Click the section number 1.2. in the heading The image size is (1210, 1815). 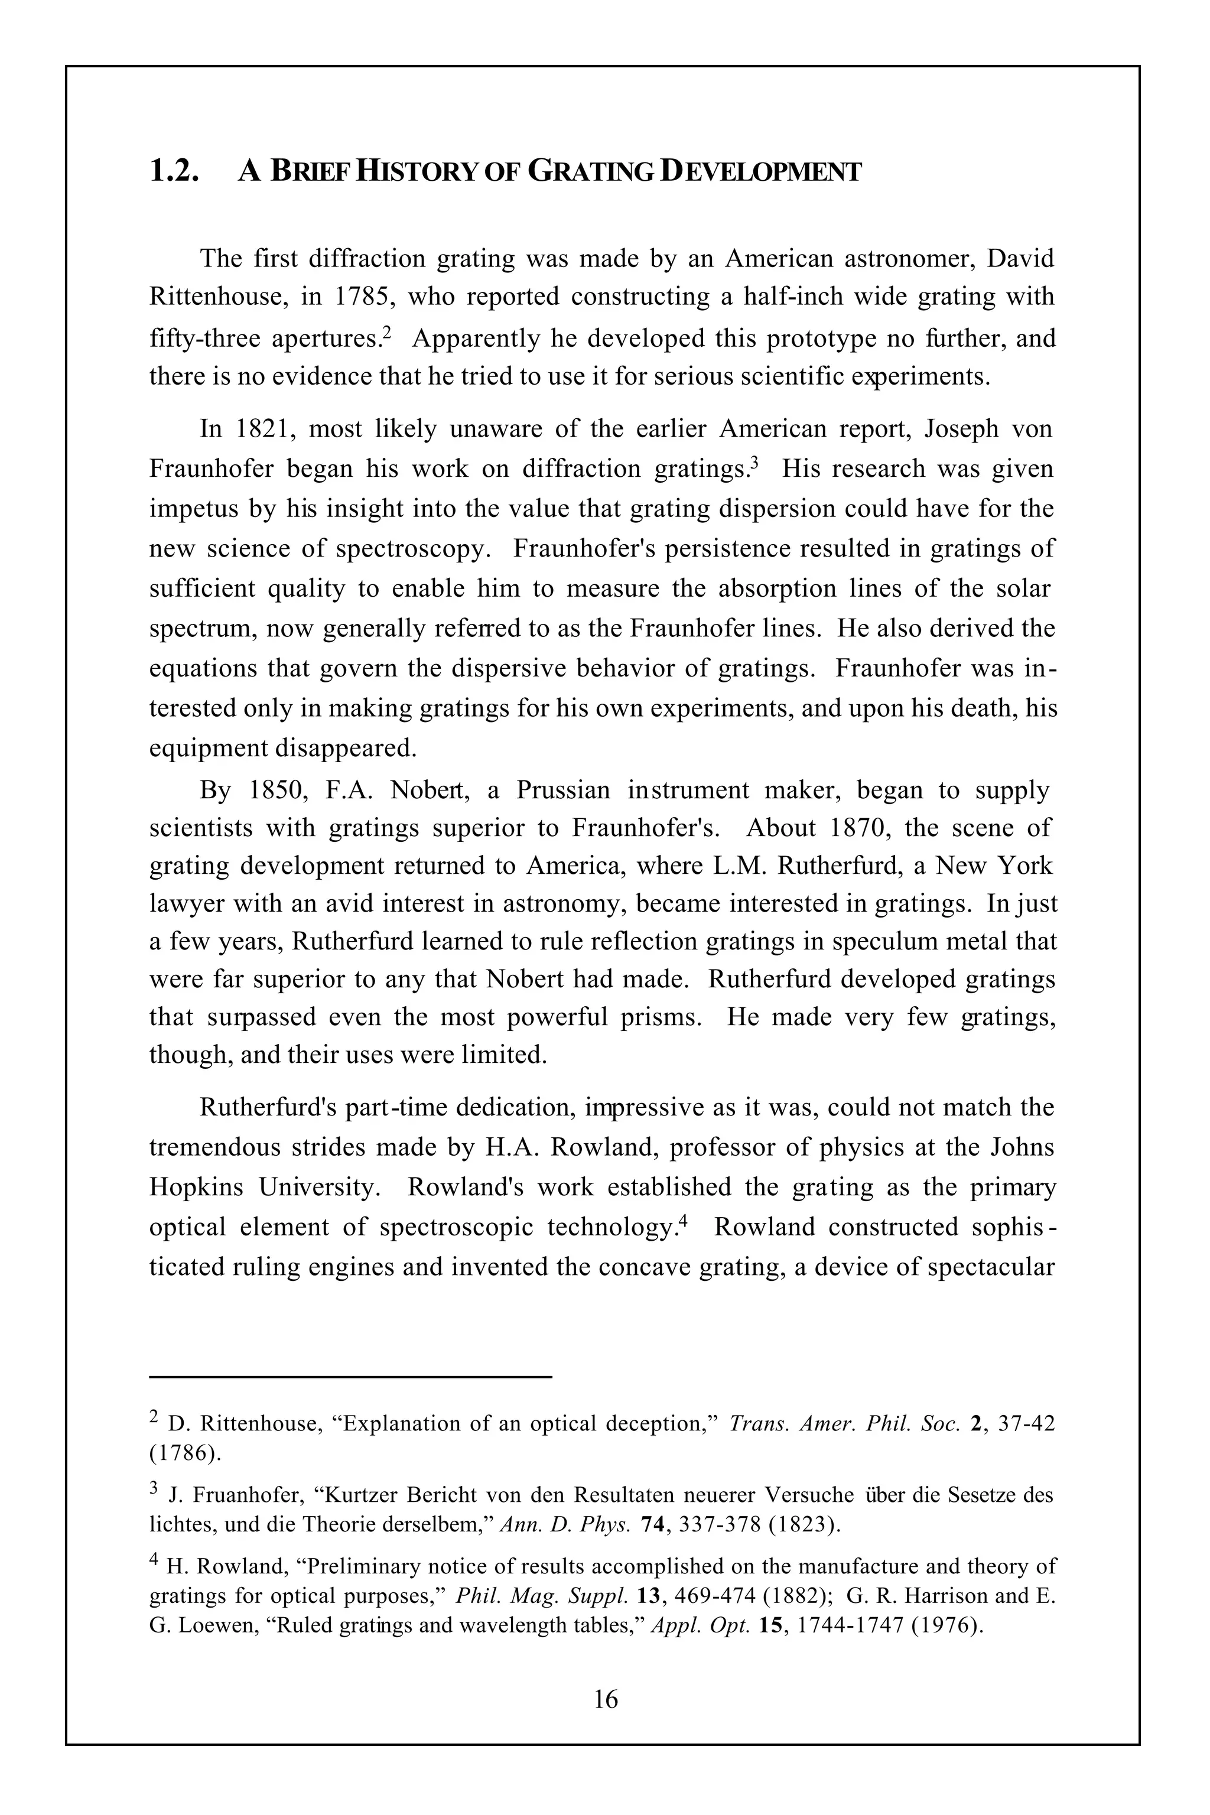point(174,171)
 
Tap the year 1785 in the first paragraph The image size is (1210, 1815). point(362,297)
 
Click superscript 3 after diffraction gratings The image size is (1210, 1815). point(756,462)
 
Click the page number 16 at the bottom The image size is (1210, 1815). point(605,1699)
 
